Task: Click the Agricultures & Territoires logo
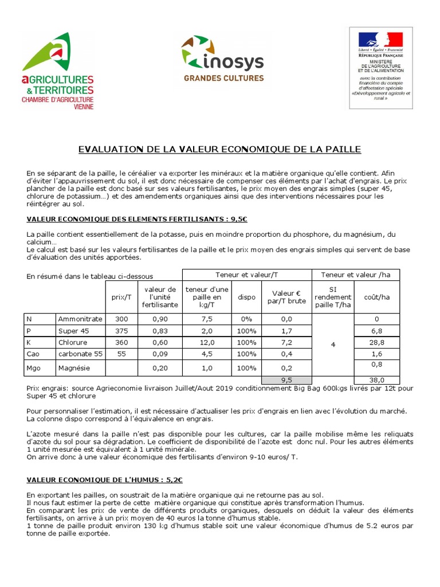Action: coord(57,71)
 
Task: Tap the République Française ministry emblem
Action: coord(380,66)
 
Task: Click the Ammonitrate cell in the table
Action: coord(80,319)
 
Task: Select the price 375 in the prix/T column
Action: coord(121,331)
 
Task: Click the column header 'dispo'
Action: coord(246,297)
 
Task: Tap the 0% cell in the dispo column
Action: coord(246,319)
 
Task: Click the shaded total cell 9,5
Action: coord(286,379)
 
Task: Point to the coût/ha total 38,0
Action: coord(377,379)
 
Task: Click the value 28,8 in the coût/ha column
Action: coord(377,342)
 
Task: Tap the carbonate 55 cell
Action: coord(80,354)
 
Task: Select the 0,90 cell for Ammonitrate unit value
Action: coord(160,319)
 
